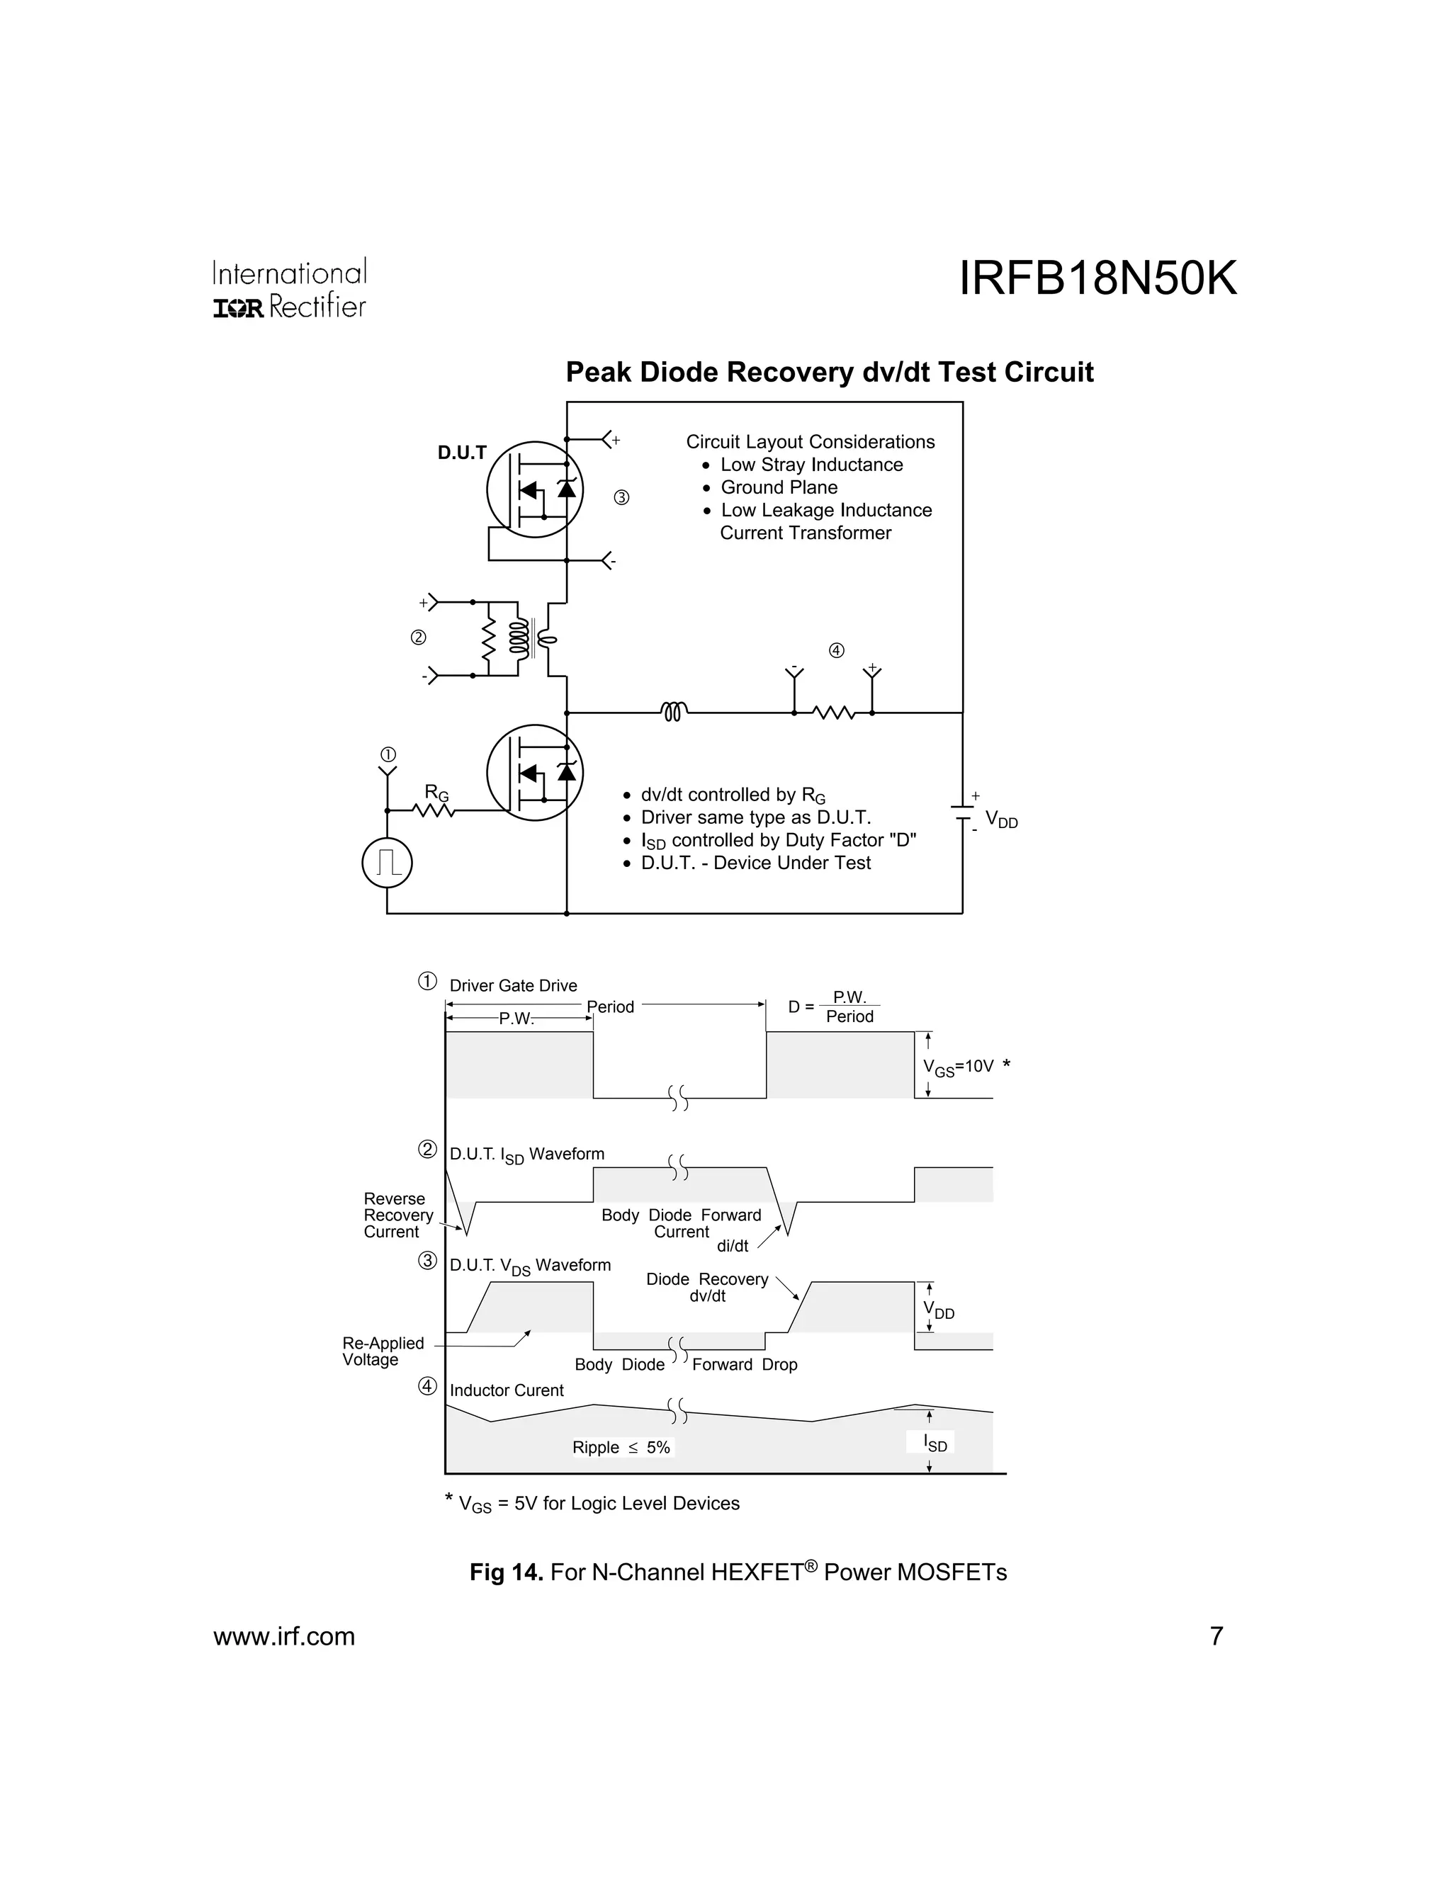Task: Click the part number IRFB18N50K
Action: (1097, 279)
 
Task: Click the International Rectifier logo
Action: (290, 289)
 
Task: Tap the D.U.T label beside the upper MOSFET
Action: (462, 453)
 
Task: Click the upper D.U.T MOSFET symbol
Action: (535, 489)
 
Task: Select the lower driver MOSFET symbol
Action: (535, 773)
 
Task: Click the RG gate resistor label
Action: (436, 793)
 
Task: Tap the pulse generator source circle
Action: (387, 862)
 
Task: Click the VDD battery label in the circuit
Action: (1000, 820)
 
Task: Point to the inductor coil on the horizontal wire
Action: (674, 712)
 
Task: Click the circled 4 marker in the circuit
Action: (837, 651)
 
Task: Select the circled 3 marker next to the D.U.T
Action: (621, 498)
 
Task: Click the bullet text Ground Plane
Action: (779, 487)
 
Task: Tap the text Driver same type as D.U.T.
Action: (755, 817)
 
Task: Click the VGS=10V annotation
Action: (958, 1067)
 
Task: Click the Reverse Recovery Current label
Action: (397, 1215)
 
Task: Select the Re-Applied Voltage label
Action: (383, 1351)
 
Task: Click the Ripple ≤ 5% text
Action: (621, 1447)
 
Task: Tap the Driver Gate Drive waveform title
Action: (513, 986)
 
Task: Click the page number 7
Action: (1216, 1636)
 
